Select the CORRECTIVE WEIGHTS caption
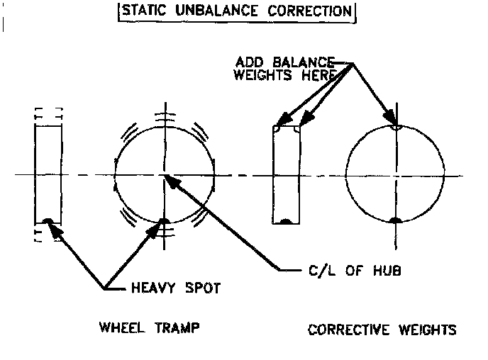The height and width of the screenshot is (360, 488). tap(382, 330)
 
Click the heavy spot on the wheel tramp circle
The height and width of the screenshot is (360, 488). tap(163, 221)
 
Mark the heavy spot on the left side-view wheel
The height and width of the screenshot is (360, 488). tap(48, 221)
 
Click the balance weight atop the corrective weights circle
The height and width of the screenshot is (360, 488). tap(396, 128)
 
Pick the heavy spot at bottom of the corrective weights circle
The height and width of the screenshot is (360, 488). tap(396, 221)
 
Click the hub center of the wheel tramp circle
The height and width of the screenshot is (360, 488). tap(164, 174)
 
